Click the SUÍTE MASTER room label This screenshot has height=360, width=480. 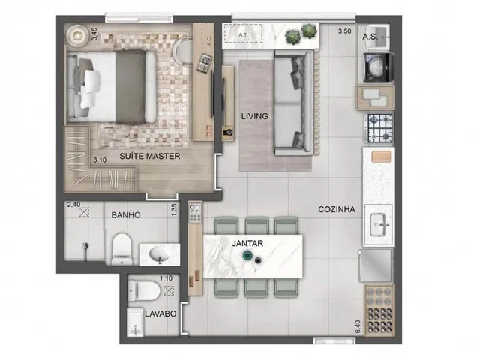pos(150,156)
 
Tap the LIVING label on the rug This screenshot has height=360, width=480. pos(255,116)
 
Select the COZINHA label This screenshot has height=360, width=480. pos(337,209)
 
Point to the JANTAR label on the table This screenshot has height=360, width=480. pos(247,243)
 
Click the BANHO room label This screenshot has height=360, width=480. pos(126,215)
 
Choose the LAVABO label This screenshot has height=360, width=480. pos(160,313)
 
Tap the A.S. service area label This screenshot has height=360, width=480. pos(370,37)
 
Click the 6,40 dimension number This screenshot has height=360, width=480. pos(358,328)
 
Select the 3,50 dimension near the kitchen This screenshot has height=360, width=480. pos(344,31)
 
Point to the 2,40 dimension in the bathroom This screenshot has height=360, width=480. pos(73,205)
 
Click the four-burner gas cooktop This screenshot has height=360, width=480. pos(379,127)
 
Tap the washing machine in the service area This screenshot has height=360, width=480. pos(378,67)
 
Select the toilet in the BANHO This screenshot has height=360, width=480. pos(121,249)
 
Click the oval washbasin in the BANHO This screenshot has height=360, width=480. pos(159,253)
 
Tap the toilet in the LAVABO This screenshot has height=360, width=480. pos(142,290)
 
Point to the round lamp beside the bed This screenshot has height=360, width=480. pos(77,36)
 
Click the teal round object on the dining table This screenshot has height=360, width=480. pos(247,255)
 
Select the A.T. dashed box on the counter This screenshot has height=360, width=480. pos(244,33)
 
